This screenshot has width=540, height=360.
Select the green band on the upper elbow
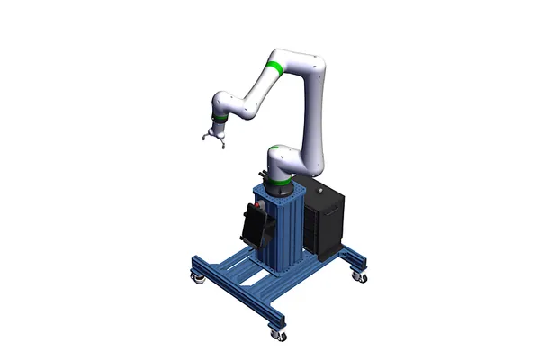click(275, 68)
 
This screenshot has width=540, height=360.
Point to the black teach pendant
click(256, 225)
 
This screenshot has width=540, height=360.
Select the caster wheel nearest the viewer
click(278, 335)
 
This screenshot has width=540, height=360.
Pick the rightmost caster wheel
click(363, 277)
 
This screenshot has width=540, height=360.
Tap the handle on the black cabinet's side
click(336, 212)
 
